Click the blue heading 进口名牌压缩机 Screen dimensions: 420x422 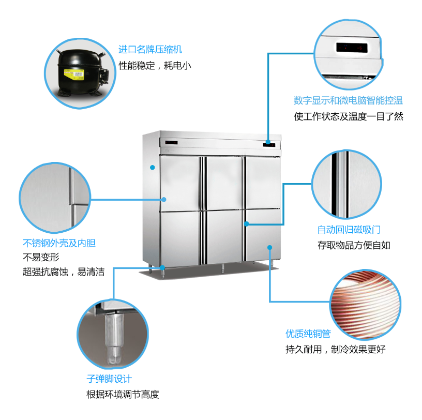[x=150, y=50]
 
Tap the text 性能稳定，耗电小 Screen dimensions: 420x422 [x=155, y=66]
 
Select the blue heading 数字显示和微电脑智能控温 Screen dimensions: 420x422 [x=348, y=100]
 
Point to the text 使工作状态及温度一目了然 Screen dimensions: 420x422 [x=348, y=116]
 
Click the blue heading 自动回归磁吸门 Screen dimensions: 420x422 [x=349, y=229]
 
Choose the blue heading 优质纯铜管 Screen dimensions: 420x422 [x=308, y=334]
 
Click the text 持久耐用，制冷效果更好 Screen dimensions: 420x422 [x=335, y=349]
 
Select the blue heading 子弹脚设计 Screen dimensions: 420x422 [x=109, y=379]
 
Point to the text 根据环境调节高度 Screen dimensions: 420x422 [x=123, y=395]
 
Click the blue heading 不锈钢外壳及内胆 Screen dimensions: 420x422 [x=59, y=242]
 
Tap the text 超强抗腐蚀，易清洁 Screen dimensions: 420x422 [x=64, y=272]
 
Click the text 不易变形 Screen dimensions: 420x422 [x=41, y=257]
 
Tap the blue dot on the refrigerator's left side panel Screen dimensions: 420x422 [x=153, y=167]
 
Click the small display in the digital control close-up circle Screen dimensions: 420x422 [x=351, y=48]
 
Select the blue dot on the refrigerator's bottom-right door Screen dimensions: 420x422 [x=269, y=248]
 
